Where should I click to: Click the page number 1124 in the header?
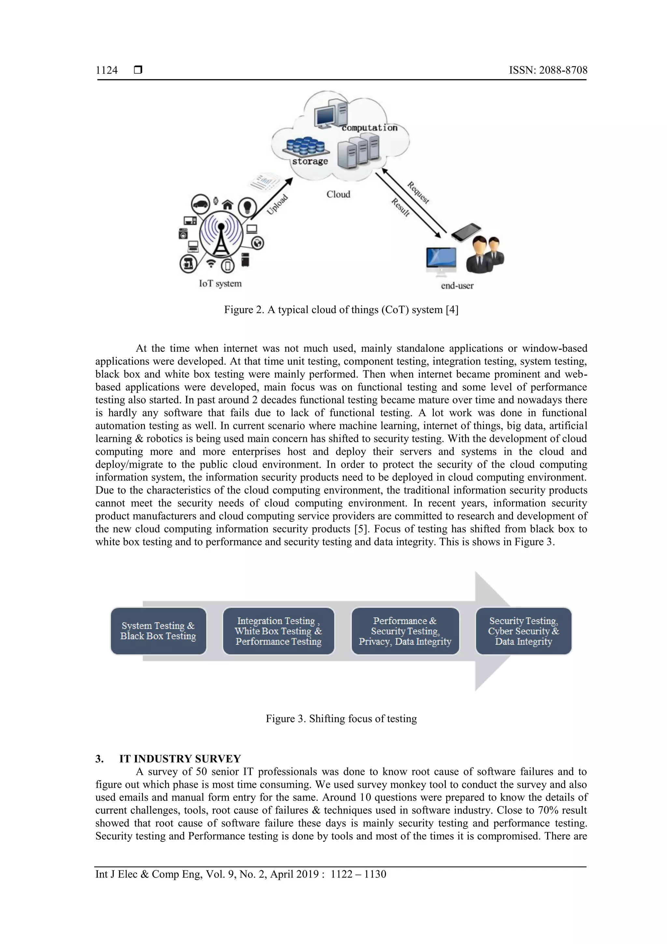point(106,70)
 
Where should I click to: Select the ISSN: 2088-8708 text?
point(548,70)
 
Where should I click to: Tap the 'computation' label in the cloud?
point(369,128)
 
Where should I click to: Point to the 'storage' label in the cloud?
point(310,162)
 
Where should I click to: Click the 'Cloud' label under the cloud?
point(338,195)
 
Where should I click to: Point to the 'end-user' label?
point(457,286)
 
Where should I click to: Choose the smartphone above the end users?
point(466,232)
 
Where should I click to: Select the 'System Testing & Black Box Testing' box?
point(158,631)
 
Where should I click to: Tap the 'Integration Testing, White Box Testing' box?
point(278,631)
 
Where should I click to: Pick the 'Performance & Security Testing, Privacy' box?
point(405,631)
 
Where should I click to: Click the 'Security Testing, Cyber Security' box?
point(523,631)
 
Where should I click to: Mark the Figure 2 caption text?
point(341,310)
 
